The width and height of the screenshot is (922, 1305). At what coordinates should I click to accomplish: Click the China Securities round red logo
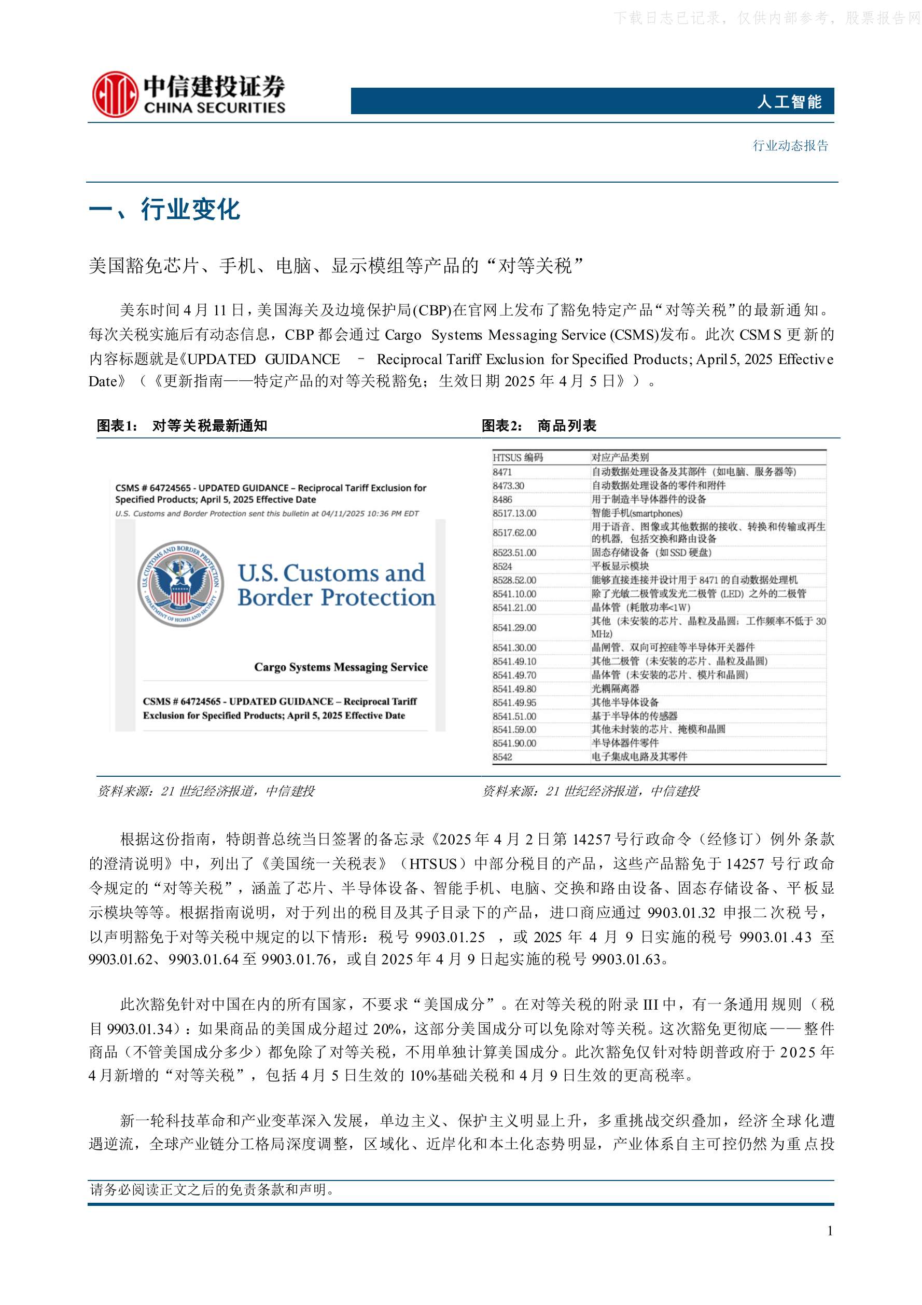[115, 94]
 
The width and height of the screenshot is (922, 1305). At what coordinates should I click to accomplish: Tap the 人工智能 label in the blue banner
[789, 102]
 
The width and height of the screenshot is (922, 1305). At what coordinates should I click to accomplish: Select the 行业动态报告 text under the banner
[790, 145]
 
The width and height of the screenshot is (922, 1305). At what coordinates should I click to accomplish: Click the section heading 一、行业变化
[165, 210]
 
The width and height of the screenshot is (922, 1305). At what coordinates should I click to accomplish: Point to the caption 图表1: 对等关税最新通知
[182, 425]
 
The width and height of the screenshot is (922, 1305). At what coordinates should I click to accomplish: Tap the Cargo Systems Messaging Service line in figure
[341, 667]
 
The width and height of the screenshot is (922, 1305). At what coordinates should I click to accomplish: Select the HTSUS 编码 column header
[518, 458]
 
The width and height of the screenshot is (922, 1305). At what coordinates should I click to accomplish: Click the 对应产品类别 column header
[620, 458]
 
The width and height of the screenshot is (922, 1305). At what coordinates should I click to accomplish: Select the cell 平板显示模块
[620, 566]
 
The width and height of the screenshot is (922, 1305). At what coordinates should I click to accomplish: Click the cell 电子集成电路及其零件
[639, 757]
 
